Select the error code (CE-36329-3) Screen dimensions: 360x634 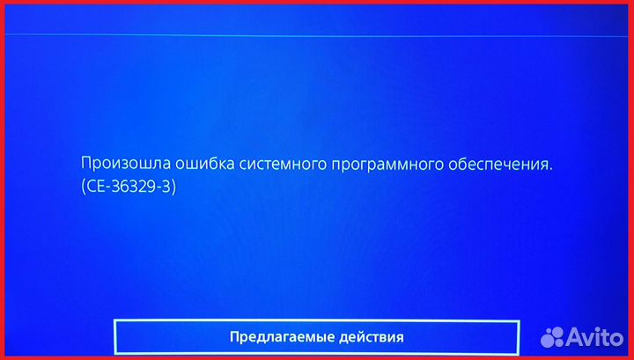(129, 187)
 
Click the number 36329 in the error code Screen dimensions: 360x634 (133, 187)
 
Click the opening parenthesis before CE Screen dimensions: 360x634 (83, 187)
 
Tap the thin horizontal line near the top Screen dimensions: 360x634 (317, 36)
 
